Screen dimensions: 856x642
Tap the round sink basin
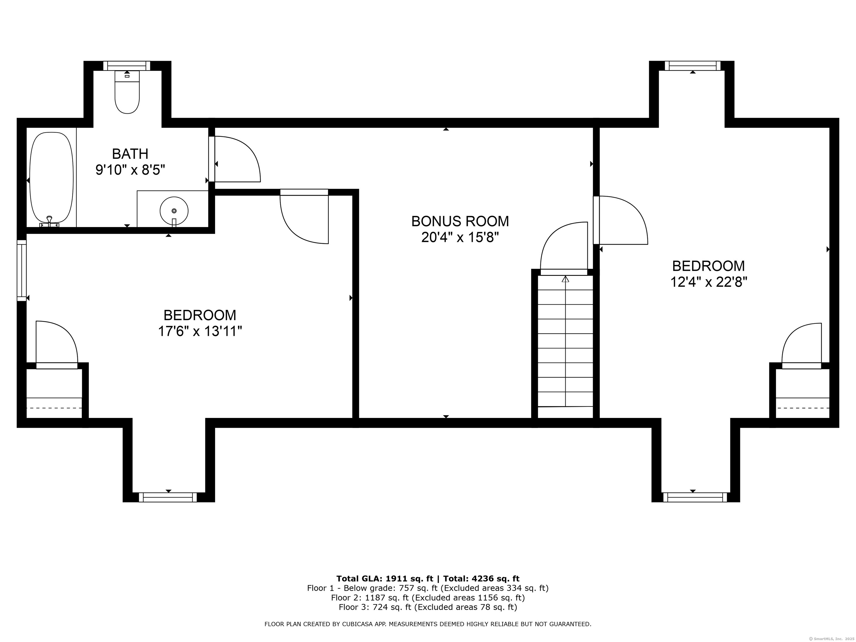174,211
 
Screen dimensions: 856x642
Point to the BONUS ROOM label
460,221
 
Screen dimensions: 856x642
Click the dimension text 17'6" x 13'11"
200,332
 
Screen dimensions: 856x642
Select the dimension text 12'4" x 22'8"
709,282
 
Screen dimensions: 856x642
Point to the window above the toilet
127,66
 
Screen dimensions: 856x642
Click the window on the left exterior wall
22,270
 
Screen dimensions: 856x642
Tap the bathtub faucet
49,222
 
